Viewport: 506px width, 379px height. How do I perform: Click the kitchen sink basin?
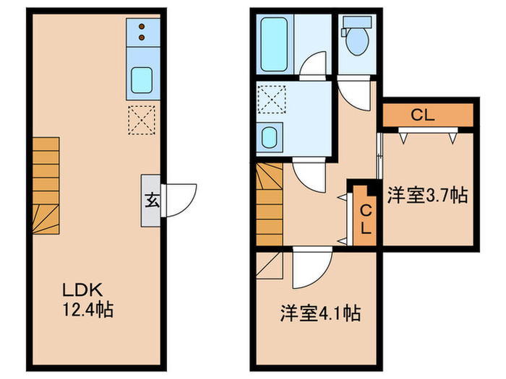140,81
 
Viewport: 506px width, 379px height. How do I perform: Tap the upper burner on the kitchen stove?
141,27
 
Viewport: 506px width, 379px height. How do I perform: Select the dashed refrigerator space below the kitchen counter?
141,119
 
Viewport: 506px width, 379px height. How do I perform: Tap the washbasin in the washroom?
271,136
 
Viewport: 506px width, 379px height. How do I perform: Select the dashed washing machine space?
272,99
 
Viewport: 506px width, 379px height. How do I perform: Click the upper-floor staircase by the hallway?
269,204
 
